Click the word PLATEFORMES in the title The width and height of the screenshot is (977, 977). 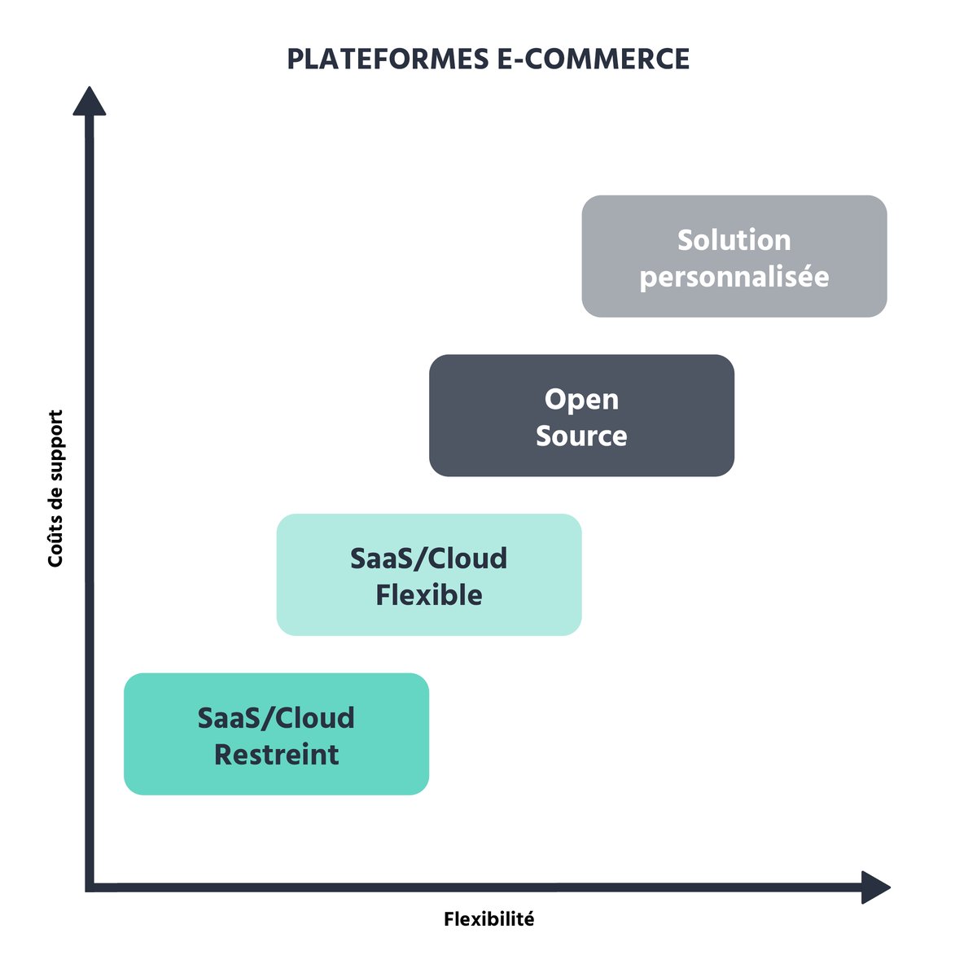[x=388, y=59]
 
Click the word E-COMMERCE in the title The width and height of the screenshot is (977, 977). [x=593, y=59]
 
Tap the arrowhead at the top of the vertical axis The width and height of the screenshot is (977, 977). [x=90, y=102]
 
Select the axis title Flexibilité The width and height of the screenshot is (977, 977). [x=489, y=919]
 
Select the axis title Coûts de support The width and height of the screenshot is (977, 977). [x=55, y=488]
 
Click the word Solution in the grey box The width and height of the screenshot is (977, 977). [x=734, y=240]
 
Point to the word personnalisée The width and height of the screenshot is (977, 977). [x=734, y=278]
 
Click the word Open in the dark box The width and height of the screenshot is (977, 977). [x=581, y=400]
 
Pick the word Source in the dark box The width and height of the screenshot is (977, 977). [x=581, y=436]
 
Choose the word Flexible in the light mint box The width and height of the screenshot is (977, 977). [x=428, y=595]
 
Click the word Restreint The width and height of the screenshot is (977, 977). [x=276, y=755]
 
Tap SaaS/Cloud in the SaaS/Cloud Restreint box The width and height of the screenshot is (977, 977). [x=276, y=718]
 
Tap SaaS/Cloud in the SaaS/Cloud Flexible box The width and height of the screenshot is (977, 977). [x=428, y=559]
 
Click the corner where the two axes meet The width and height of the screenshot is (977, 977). [x=90, y=887]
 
